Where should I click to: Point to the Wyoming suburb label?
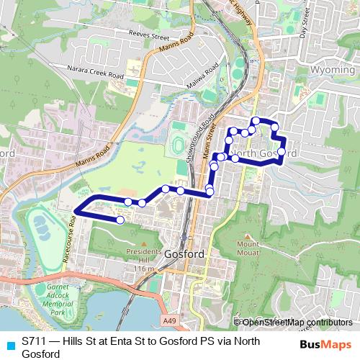tap(333, 71)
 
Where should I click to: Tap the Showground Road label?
tap(192, 140)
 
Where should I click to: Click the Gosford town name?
tap(185, 254)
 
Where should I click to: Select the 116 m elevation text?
tap(143, 269)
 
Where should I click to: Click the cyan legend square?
tap(9, 343)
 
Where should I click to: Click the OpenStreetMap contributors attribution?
tap(297, 323)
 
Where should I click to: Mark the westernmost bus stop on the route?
tap(120, 220)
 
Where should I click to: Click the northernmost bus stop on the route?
tap(255, 121)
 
